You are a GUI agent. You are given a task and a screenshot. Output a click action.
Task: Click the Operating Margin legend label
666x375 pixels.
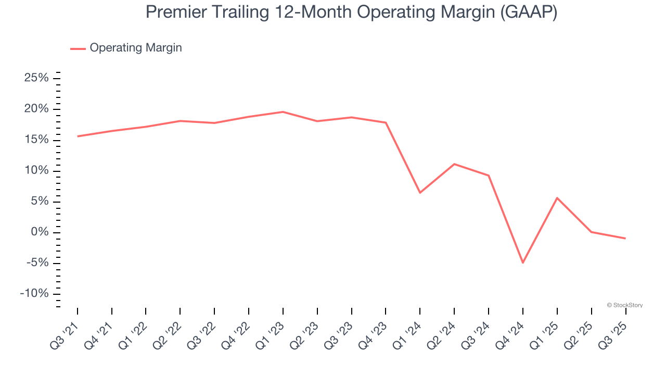click(x=135, y=48)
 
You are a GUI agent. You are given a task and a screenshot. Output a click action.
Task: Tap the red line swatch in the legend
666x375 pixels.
click(x=78, y=48)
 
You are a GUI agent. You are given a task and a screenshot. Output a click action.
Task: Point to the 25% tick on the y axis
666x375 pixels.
click(x=36, y=78)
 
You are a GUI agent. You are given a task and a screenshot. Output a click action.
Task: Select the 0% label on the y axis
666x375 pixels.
click(x=41, y=232)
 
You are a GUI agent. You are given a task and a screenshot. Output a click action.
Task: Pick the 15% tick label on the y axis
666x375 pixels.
click(x=36, y=140)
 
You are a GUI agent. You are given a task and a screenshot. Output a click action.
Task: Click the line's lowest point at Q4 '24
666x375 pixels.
click(x=522, y=262)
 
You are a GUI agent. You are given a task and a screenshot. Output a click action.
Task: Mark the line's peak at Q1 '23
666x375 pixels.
click(x=283, y=111)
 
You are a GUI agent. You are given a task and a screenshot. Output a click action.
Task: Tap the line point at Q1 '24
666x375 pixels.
click(x=420, y=193)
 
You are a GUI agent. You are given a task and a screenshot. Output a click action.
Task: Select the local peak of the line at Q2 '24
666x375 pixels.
click(x=454, y=164)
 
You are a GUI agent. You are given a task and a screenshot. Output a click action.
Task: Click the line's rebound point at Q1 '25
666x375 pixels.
click(x=557, y=198)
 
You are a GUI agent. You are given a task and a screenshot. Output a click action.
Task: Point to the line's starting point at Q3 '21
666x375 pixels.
click(x=78, y=136)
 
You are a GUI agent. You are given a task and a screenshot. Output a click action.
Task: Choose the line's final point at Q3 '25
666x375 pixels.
click(x=625, y=239)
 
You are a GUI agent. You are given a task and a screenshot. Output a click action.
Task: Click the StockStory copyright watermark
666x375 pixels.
click(x=624, y=305)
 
